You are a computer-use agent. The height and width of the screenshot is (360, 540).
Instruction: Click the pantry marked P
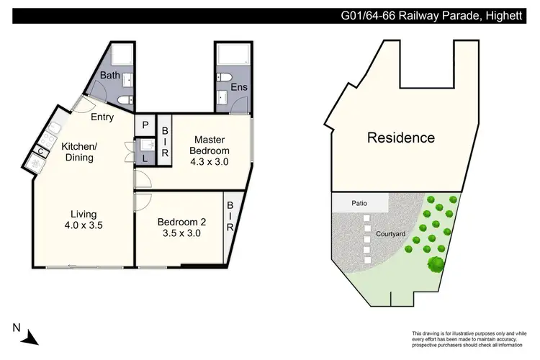(x=145, y=125)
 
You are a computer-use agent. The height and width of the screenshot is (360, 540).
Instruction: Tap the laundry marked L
(x=145, y=158)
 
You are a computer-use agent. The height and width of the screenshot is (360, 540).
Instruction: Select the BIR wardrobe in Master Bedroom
(x=164, y=142)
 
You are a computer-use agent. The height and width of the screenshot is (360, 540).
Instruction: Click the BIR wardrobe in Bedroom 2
(x=230, y=217)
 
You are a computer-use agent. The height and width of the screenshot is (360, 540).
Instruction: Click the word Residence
(x=401, y=138)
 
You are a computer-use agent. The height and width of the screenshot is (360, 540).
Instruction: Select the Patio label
(x=360, y=204)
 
